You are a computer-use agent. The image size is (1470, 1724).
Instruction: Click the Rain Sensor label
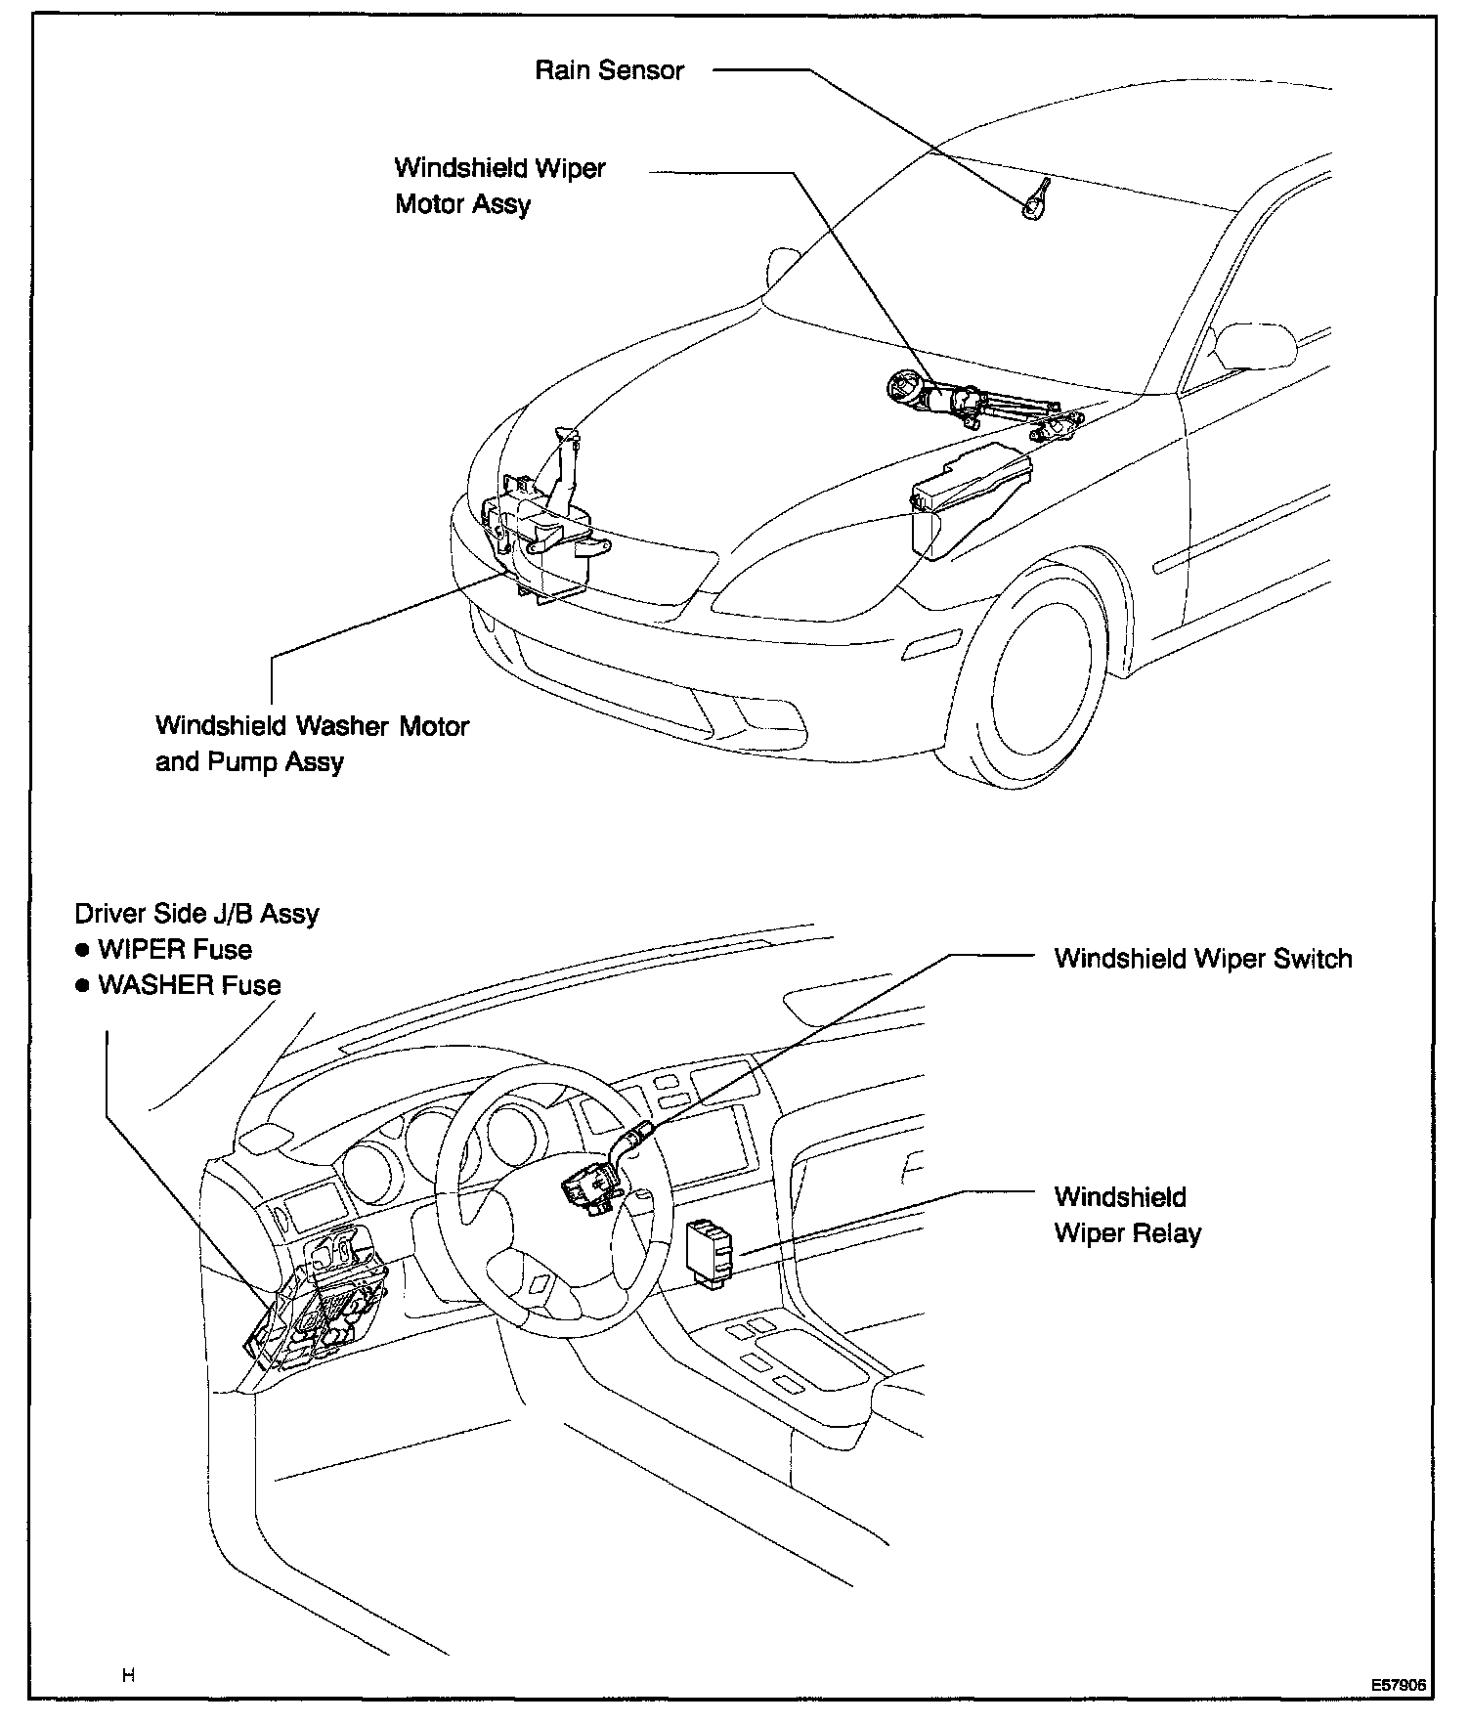coord(609,70)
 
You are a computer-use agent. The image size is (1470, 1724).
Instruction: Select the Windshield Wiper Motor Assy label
coord(499,186)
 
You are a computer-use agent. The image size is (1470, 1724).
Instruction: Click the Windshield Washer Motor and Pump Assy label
coord(312,744)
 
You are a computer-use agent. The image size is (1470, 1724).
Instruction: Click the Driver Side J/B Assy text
coord(196,914)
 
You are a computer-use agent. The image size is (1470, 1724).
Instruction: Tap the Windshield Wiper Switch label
coord(1203,958)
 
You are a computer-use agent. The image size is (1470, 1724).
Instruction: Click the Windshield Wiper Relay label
coord(1127,1215)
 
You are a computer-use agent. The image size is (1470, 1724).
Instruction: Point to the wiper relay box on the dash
coord(710,1249)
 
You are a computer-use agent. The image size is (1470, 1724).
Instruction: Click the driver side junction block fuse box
coord(323,1305)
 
